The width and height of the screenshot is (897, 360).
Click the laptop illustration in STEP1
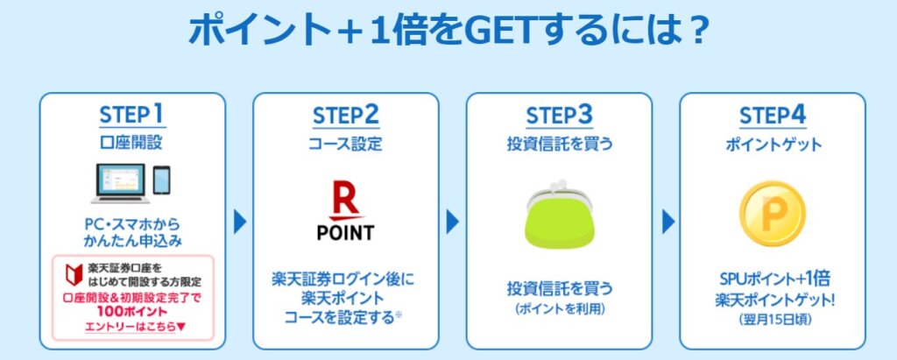point(121,183)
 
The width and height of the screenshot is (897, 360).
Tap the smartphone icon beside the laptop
point(162,180)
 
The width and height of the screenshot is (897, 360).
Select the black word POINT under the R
point(345,232)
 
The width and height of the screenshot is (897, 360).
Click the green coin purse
point(559,215)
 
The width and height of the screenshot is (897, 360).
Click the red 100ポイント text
point(132,313)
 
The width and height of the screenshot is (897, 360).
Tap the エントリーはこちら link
point(132,328)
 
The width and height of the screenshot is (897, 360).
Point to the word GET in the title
point(496,31)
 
